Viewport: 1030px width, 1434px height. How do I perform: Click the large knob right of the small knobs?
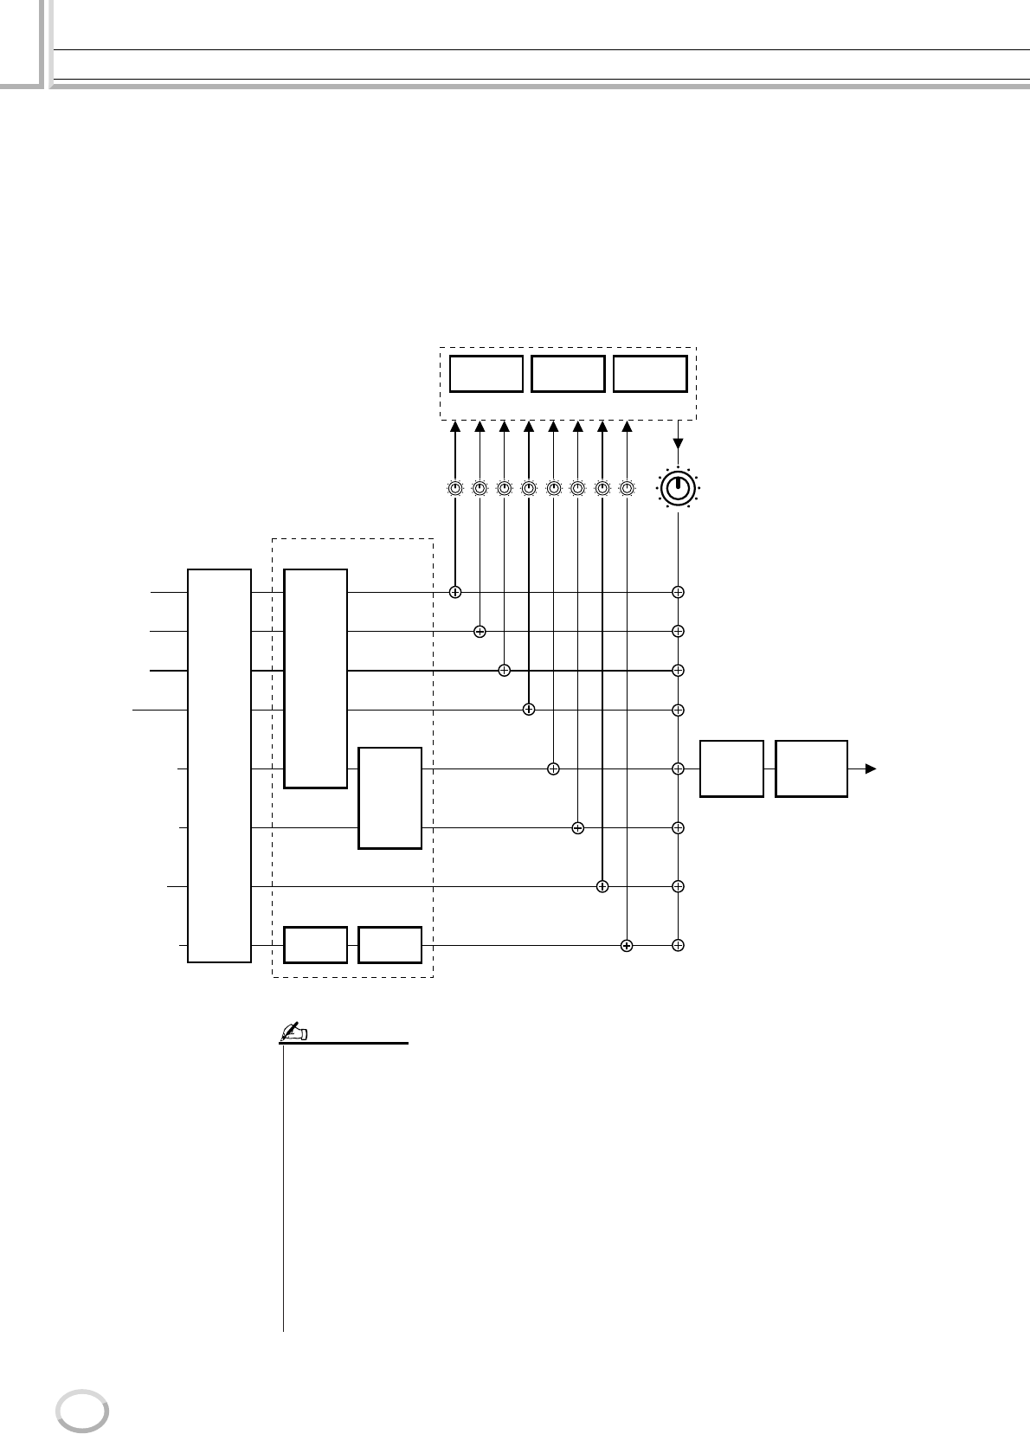pos(678,489)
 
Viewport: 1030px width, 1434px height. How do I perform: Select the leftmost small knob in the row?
pos(455,489)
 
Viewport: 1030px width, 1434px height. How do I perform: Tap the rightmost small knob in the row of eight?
pos(627,489)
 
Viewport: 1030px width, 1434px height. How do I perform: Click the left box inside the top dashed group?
pos(486,374)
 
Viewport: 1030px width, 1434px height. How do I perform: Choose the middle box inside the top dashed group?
pos(568,374)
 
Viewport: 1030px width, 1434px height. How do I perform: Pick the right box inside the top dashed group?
pos(650,374)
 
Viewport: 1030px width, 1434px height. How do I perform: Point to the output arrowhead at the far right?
pos(871,768)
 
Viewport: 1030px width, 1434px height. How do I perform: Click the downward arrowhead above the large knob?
pos(678,444)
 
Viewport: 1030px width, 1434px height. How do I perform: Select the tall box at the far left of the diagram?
pos(220,765)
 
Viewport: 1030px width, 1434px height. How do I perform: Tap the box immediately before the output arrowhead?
pos(811,768)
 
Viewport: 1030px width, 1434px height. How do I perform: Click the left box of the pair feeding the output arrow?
pos(731,768)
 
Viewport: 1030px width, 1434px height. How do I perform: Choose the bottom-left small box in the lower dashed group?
pos(316,945)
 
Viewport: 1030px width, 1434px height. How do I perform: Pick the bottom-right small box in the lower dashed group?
pos(390,945)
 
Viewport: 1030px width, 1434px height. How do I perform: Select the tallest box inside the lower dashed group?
pos(316,678)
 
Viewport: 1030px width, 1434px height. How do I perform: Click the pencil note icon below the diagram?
pos(296,1032)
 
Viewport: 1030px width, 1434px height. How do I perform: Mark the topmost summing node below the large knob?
pos(679,593)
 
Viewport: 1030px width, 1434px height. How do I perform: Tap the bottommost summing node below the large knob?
pos(679,945)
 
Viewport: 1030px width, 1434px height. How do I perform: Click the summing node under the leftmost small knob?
pos(455,593)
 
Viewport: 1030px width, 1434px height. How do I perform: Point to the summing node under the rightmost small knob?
pos(627,946)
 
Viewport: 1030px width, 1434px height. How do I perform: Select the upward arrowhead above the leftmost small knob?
pos(455,427)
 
